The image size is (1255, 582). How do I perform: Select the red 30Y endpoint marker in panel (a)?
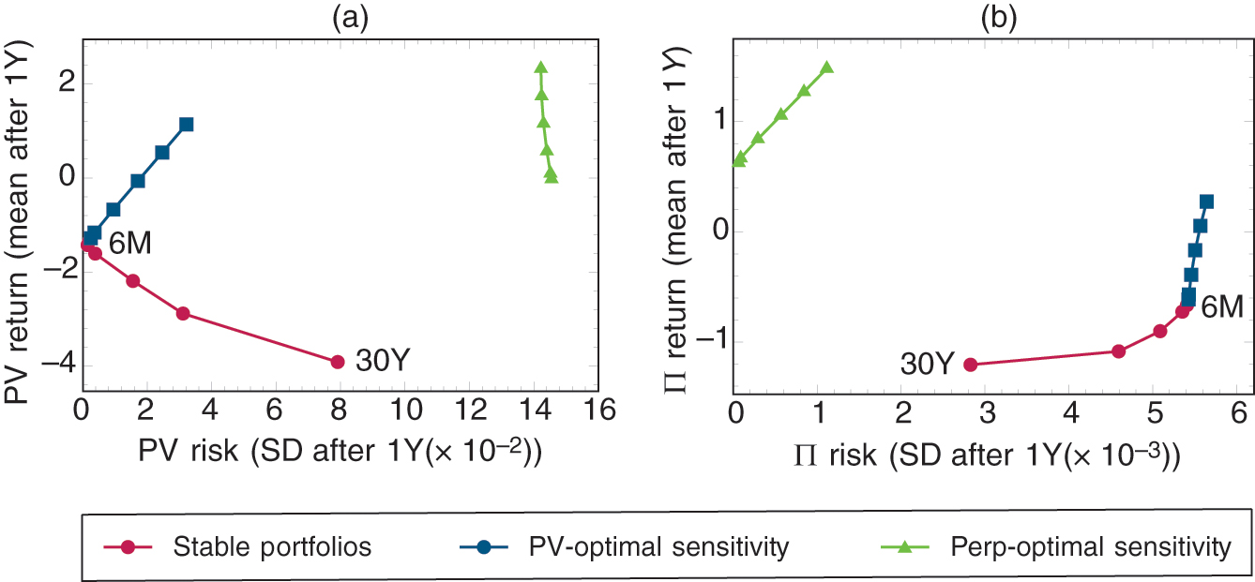[338, 361]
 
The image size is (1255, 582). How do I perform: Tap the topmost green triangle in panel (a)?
[540, 67]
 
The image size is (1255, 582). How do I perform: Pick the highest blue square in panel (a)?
[186, 124]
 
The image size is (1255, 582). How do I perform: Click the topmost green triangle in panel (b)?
[826, 67]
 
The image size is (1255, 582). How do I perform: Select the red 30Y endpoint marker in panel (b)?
[971, 365]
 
